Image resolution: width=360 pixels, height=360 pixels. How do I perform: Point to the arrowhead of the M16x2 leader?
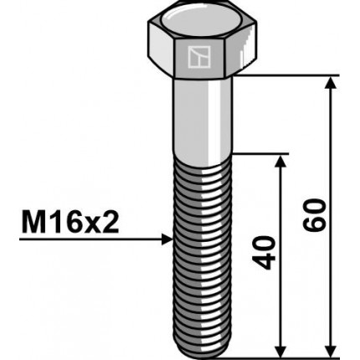click(167, 239)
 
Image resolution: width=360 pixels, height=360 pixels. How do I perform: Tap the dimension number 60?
click(316, 216)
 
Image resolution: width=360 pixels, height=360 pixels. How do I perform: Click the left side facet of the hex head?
click(161, 50)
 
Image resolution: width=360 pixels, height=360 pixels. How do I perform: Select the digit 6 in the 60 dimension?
click(316, 228)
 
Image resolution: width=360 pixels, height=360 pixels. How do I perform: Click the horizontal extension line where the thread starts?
click(260, 153)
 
